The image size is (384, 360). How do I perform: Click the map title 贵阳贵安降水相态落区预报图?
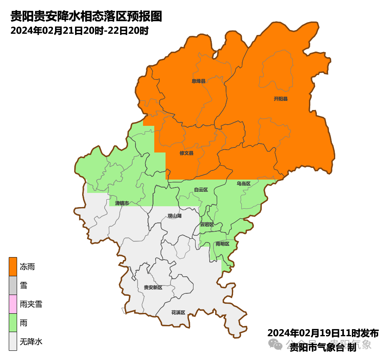click(x=86, y=17)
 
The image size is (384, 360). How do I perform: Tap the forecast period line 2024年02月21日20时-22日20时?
click(x=79, y=30)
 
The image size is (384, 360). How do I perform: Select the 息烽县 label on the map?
click(x=198, y=81)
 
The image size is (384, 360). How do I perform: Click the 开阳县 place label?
click(x=281, y=99)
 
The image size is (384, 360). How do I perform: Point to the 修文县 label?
click(x=186, y=153)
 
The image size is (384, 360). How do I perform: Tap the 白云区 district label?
click(x=201, y=190)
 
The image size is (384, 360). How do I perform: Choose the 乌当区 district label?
click(x=243, y=183)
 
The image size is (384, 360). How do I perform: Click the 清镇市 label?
click(x=122, y=203)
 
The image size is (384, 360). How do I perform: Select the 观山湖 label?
click(x=174, y=216)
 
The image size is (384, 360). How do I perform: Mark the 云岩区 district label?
click(x=207, y=224)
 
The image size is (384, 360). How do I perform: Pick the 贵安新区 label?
click(x=153, y=287)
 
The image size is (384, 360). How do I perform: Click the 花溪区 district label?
click(x=178, y=312)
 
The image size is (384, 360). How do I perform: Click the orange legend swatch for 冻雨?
click(x=13, y=267)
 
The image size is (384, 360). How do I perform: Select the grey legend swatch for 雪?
click(x=13, y=285)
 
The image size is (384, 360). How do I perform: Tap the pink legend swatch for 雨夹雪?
click(x=13, y=304)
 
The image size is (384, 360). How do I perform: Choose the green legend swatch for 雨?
click(x=13, y=323)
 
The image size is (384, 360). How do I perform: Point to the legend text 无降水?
click(x=31, y=342)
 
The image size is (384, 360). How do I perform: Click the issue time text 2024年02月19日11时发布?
click(x=323, y=333)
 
